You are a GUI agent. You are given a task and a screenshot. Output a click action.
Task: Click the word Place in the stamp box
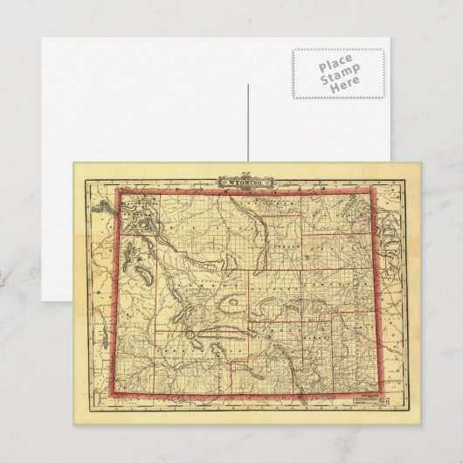[x=329, y=66]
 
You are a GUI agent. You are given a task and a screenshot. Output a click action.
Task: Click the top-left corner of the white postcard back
[x=40, y=38]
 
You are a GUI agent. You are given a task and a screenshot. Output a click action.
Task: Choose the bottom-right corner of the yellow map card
[x=420, y=425]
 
